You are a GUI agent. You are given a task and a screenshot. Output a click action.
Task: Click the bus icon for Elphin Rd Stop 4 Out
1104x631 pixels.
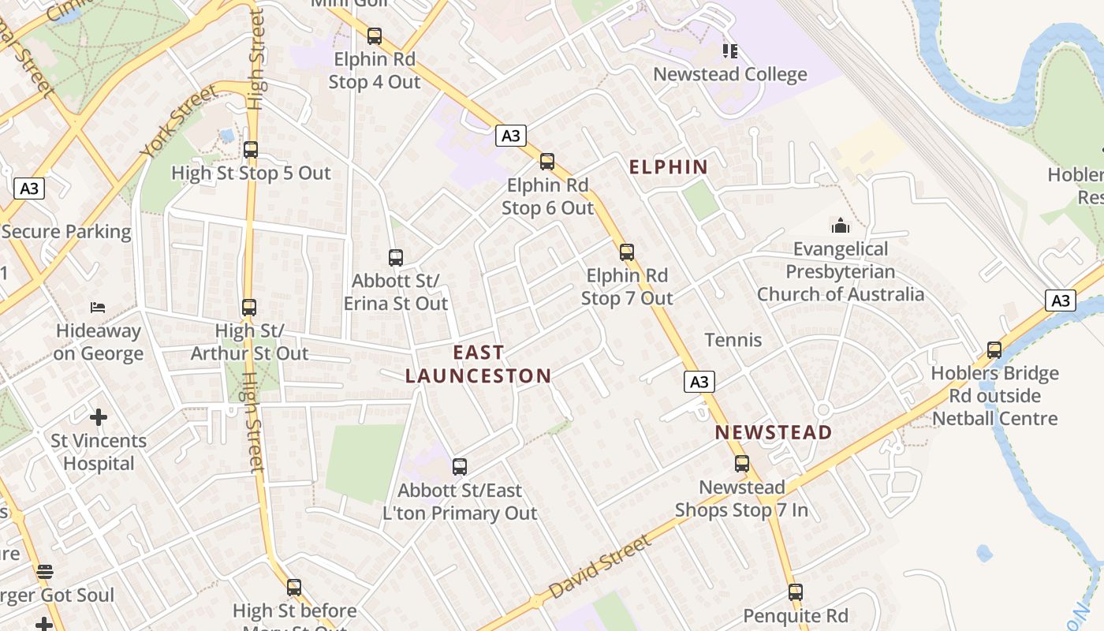coord(375,36)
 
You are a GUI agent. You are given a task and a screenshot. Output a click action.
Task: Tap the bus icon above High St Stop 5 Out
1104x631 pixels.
coord(251,150)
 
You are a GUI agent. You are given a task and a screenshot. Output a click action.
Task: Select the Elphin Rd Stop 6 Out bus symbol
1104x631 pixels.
coord(547,162)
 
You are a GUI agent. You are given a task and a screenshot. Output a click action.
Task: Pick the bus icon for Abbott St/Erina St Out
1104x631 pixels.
coord(396,258)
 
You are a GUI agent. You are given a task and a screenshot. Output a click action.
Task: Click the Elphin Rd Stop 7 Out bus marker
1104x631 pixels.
coord(627,252)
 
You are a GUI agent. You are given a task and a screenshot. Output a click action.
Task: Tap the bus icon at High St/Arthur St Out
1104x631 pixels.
coord(249,308)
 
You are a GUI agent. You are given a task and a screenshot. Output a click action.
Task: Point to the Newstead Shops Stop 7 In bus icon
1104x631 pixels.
coord(742,464)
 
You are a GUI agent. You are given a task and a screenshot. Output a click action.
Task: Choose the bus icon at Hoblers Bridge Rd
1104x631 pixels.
coord(994,350)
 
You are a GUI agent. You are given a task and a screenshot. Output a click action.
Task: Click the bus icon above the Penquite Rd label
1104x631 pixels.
coord(796,592)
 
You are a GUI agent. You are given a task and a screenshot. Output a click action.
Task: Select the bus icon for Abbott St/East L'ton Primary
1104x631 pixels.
coord(460,467)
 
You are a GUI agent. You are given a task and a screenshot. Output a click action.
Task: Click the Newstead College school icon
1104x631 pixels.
coord(730,51)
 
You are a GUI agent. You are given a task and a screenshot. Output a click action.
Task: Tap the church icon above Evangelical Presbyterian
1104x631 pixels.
coord(841,226)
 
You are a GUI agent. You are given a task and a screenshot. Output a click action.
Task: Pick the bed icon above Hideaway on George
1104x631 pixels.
coord(98,307)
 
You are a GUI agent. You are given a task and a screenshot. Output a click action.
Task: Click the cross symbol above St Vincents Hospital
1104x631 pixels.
coord(99,416)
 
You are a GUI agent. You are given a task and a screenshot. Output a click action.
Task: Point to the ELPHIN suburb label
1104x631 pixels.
coord(669,167)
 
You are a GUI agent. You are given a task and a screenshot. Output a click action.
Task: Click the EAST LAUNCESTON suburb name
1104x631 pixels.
coord(478,364)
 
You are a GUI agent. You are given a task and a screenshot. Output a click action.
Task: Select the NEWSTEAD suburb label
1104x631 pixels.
coord(774,432)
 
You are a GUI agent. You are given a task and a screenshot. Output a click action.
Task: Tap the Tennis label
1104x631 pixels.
coord(733,340)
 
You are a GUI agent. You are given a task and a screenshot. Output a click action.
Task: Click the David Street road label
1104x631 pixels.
coord(600,566)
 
